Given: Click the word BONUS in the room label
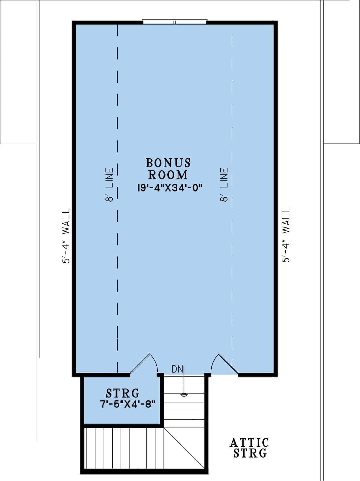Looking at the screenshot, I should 168,163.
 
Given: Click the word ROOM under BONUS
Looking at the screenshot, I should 168,175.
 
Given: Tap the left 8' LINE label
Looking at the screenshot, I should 110,185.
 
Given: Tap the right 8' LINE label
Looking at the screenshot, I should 224,185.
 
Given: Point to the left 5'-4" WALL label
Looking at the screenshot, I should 66,235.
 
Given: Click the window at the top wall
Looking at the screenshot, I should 175,22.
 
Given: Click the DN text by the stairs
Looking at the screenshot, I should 177,369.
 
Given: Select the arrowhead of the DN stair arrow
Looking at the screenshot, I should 184,395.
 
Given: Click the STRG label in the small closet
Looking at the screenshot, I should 123,393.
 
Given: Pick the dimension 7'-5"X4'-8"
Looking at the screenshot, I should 128,404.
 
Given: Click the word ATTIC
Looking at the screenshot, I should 249,443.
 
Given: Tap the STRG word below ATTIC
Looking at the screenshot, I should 250,453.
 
